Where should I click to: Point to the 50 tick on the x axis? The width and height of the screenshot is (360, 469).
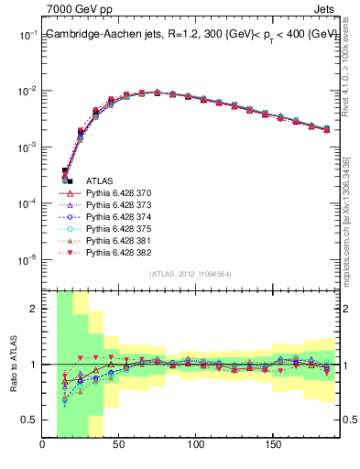[119, 446]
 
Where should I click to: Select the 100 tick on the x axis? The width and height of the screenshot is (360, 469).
[195, 446]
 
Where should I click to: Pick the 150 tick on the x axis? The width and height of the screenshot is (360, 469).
[272, 446]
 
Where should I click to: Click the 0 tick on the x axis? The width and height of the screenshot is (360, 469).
[43, 446]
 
